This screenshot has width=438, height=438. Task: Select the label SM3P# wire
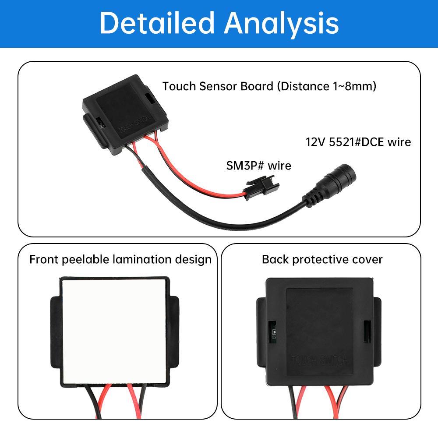click(x=258, y=166)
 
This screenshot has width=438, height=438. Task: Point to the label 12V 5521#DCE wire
click(x=358, y=142)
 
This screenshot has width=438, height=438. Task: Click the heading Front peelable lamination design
click(x=120, y=259)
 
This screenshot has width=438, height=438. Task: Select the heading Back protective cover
click(x=322, y=259)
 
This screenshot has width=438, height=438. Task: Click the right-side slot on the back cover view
click(x=367, y=331)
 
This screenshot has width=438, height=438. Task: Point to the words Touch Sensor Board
click(x=218, y=86)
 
